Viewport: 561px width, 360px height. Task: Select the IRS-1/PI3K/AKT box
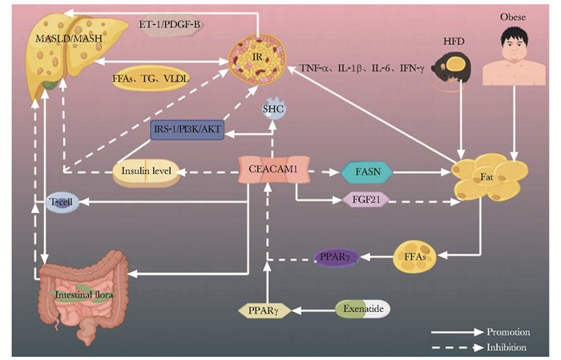[187, 128]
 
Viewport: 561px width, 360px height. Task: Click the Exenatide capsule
[362, 307]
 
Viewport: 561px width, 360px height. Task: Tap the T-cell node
[61, 203]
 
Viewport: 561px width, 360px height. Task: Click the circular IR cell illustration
[257, 62]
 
